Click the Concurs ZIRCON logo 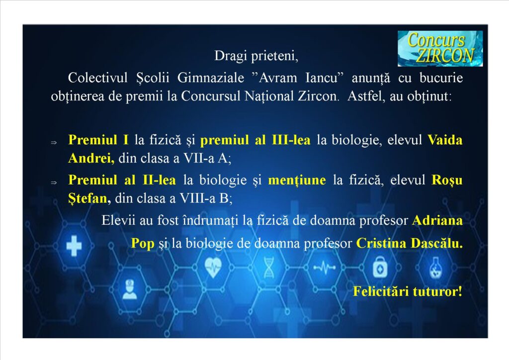click(440, 49)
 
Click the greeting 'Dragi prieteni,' click(256, 56)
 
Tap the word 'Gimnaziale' click(211, 78)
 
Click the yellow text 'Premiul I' click(98, 140)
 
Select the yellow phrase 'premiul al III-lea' click(255, 140)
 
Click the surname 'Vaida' click(445, 140)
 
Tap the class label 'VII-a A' click(205, 158)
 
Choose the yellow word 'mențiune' click(297, 180)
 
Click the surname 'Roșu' click(447, 180)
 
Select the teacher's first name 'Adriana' click(437, 220)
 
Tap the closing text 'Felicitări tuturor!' click(408, 291)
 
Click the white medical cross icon click(74, 246)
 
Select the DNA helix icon click(269, 268)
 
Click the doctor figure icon click(130, 289)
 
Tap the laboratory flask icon click(435, 268)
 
